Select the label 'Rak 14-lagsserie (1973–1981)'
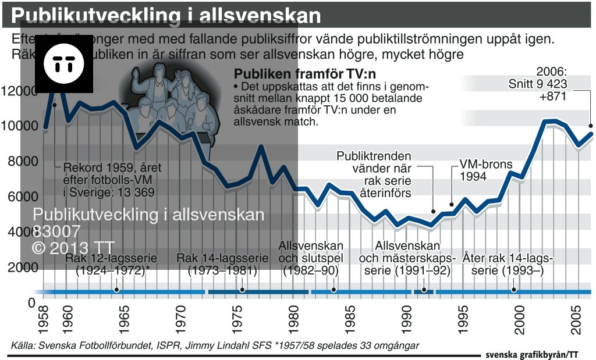pos(223,264)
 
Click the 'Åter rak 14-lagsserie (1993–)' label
pos(508,264)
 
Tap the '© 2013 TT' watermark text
pos(73,247)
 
